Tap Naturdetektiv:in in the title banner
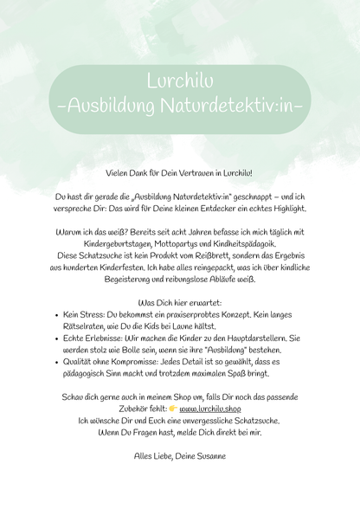216,106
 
